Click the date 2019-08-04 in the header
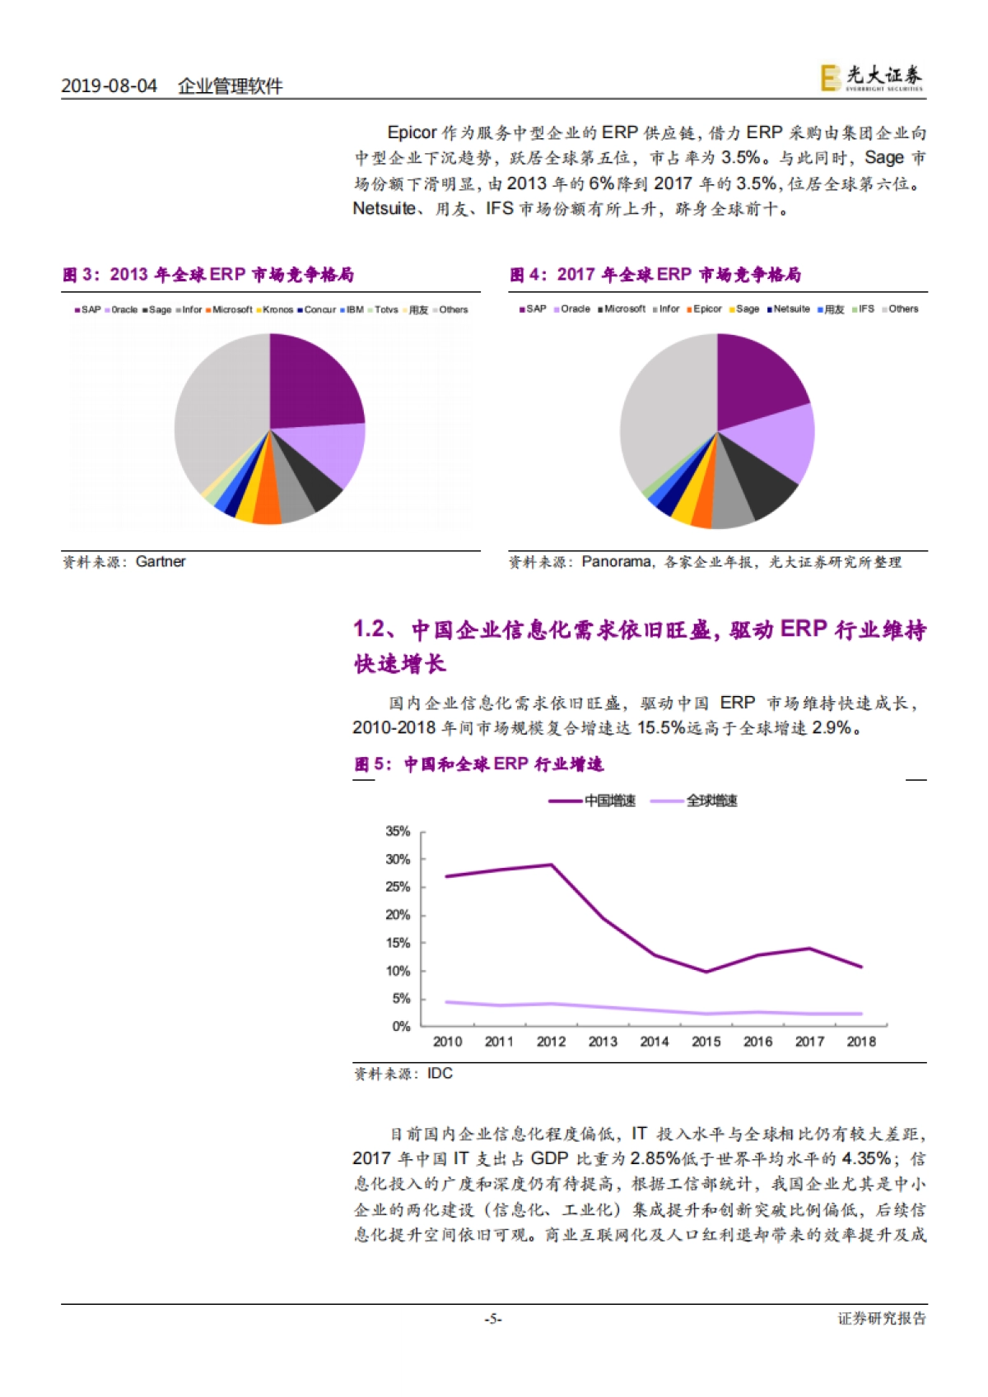pos(109,86)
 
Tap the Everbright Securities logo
pos(872,77)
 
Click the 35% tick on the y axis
pos(398,832)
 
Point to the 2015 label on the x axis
pos(706,1042)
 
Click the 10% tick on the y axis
pos(398,972)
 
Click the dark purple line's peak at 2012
pos(551,865)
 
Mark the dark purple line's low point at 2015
pos(706,972)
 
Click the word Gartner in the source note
pos(161,562)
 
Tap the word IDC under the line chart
pos(440,1074)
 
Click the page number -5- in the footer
pos(493,1319)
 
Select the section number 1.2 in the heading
pos(369,629)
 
